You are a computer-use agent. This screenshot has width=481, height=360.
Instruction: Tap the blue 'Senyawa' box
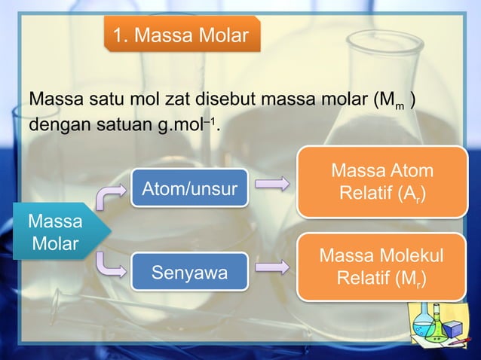(190, 272)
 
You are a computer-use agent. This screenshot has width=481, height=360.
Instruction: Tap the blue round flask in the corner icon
(424, 326)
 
